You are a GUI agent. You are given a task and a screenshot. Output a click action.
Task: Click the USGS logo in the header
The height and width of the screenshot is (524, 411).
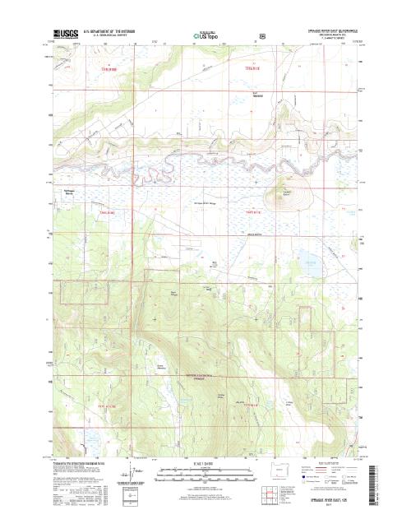(60, 35)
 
